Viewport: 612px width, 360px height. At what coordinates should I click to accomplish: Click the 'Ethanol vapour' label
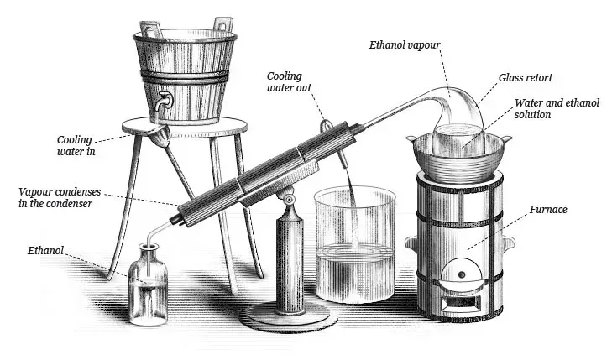pyautogui.click(x=405, y=44)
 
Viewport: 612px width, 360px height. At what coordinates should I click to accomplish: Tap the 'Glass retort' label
pyautogui.click(x=526, y=77)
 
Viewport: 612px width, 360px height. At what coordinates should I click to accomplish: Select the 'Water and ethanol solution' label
pyautogui.click(x=557, y=109)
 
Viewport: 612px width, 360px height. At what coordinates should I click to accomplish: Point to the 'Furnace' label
pyautogui.click(x=548, y=210)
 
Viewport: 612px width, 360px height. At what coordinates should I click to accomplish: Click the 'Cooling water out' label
pyautogui.click(x=289, y=82)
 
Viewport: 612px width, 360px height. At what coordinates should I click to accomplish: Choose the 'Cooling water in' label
pyautogui.click(x=75, y=145)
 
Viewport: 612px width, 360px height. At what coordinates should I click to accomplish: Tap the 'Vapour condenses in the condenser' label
pyautogui.click(x=60, y=197)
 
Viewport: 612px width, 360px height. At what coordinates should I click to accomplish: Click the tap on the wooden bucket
pyautogui.click(x=162, y=102)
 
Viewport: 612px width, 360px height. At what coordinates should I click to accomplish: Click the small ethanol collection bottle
pyautogui.click(x=149, y=284)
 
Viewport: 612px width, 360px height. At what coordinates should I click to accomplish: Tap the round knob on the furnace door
pyautogui.click(x=462, y=274)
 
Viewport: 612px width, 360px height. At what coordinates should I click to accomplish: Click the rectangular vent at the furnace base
pyautogui.click(x=462, y=301)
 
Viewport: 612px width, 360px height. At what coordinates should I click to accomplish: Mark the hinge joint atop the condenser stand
pyautogui.click(x=289, y=200)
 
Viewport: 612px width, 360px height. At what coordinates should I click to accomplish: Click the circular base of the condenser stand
pyautogui.click(x=289, y=315)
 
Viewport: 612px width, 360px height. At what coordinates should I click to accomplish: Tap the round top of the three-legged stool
pyautogui.click(x=185, y=128)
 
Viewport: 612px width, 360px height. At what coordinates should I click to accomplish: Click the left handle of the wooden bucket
pyautogui.click(x=149, y=30)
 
